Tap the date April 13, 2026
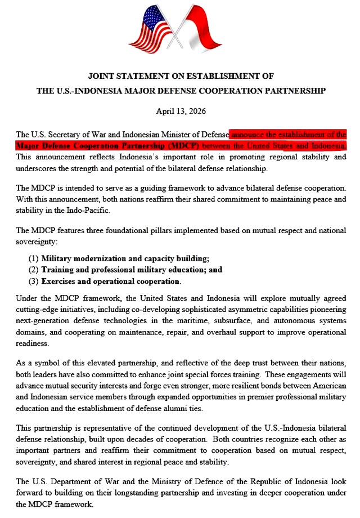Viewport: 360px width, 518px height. tap(180, 111)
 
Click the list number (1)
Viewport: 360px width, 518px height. tap(33, 258)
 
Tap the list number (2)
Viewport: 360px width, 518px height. tap(33, 270)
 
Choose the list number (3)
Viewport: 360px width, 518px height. tap(33, 281)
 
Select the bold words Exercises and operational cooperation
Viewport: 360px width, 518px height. tap(111, 281)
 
